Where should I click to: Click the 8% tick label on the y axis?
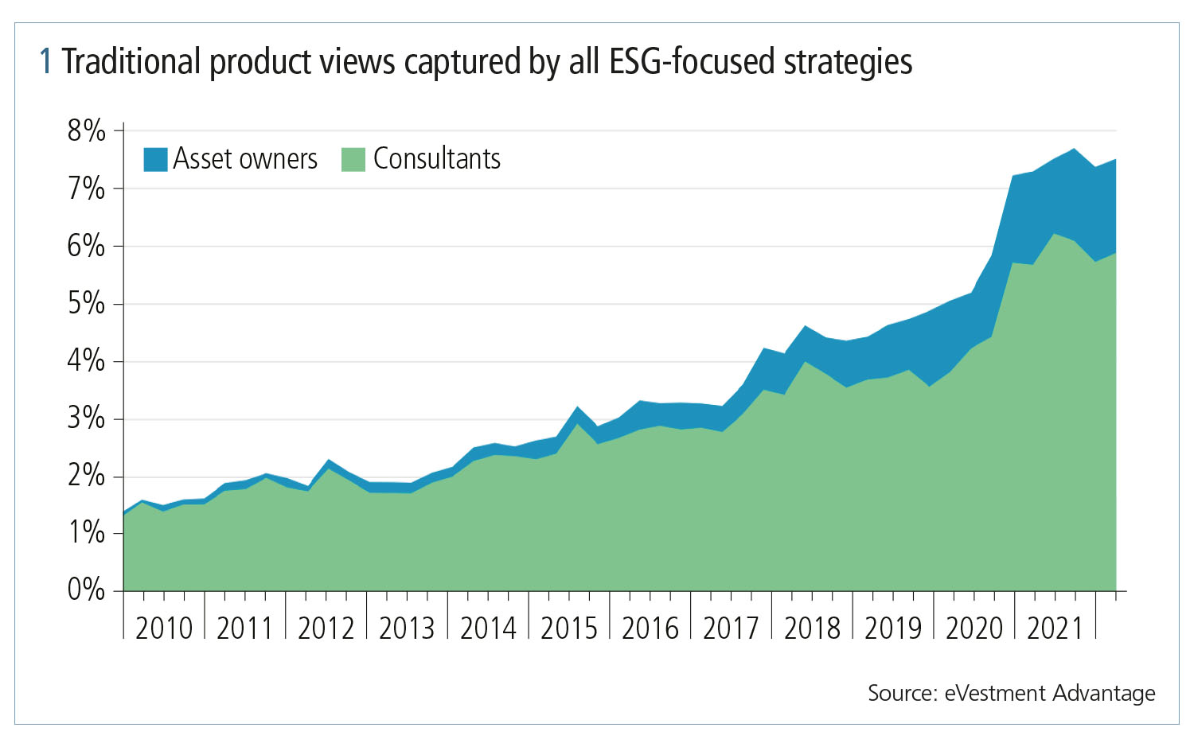86,130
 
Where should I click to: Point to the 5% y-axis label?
86,303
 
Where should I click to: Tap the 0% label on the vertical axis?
86,589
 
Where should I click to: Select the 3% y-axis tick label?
86,418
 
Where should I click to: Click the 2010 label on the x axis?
164,628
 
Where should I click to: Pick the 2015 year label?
569,628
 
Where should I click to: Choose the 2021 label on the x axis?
1055,628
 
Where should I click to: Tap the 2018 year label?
812,628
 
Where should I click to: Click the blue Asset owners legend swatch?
155,159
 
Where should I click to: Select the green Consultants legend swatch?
353,159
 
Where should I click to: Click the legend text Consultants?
437,159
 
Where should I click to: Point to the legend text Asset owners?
245,159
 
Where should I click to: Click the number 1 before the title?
46,62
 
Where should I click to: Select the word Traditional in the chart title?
131,62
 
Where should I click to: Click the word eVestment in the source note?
995,693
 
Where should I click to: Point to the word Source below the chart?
902,693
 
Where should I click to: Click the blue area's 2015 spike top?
577,408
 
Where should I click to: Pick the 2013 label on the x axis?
407,628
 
